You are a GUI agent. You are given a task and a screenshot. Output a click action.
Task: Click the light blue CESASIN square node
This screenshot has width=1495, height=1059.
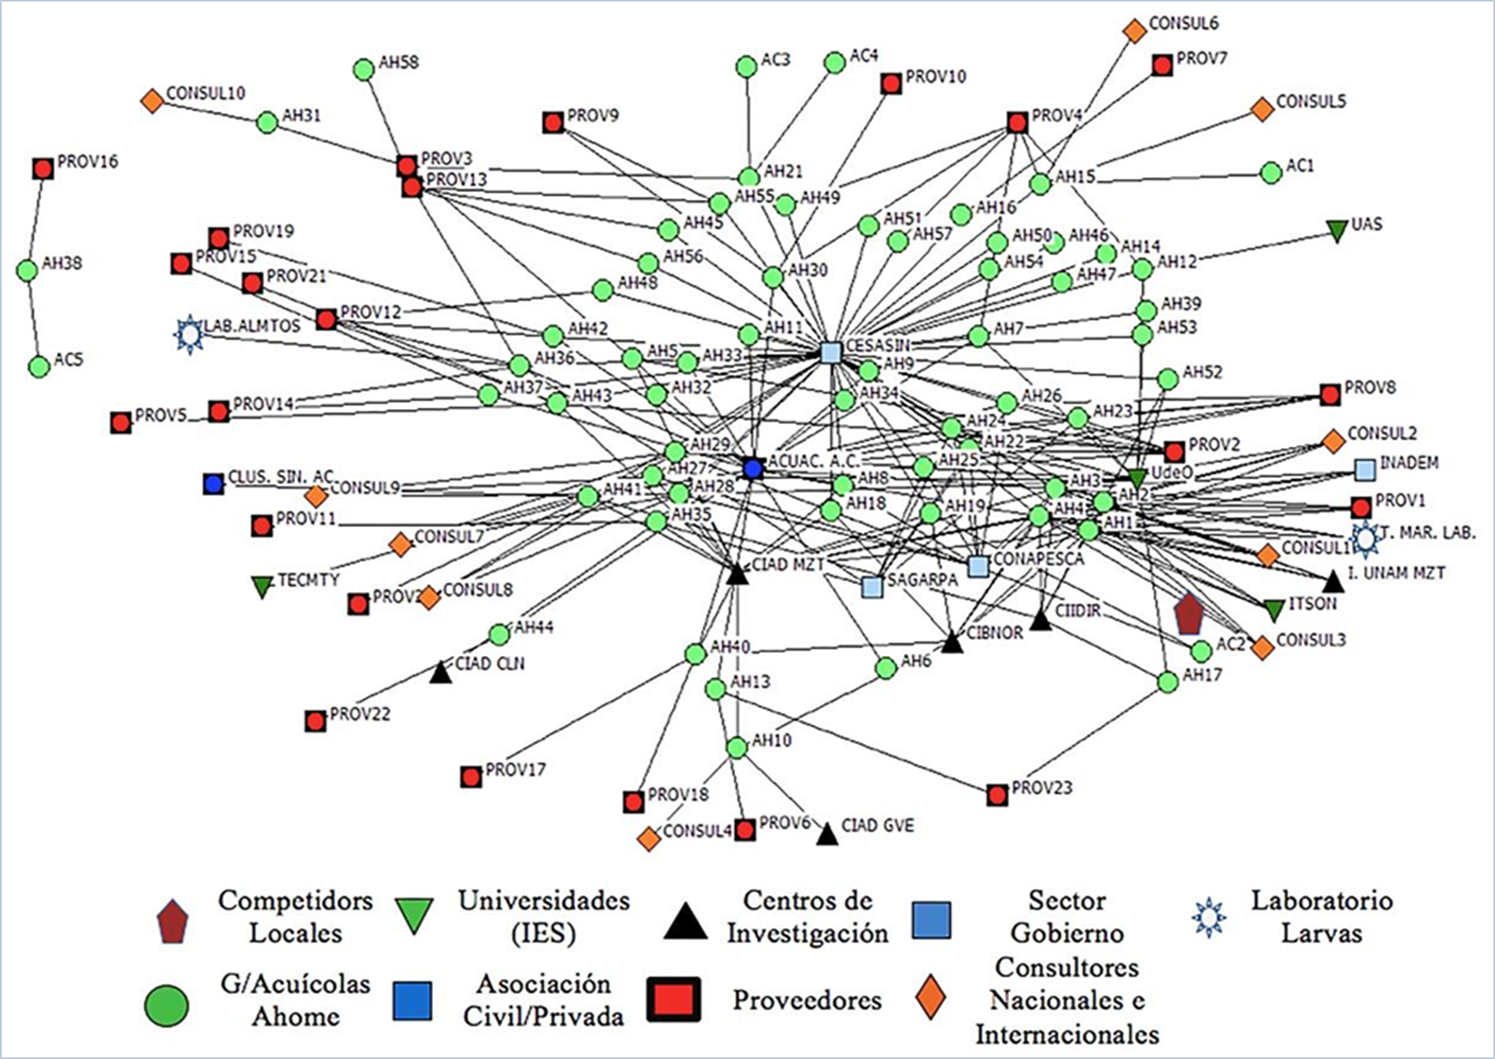point(831,352)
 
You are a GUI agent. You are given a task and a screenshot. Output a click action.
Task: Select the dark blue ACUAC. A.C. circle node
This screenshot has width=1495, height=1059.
point(752,469)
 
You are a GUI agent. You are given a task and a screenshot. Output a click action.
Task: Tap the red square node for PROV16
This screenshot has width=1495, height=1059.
point(43,168)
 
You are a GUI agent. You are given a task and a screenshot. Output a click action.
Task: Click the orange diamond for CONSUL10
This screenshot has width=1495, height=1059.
point(152,101)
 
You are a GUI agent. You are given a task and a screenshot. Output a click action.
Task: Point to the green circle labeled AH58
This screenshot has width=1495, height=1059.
point(364,69)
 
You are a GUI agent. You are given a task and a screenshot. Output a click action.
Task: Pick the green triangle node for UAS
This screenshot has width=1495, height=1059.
point(1337,231)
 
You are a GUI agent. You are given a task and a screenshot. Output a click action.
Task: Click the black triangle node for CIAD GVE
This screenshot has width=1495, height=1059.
point(826,834)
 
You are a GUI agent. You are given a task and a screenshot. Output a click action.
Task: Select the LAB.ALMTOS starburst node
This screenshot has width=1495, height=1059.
point(189,334)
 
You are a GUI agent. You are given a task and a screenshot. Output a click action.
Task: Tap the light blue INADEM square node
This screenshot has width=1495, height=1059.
point(1365,469)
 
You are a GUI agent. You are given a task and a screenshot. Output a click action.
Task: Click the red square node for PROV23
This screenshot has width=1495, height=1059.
point(996,795)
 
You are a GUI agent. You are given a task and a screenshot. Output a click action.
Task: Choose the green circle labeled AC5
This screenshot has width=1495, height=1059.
point(38,366)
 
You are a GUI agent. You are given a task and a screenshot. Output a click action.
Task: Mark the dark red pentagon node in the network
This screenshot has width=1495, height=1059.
point(1188,614)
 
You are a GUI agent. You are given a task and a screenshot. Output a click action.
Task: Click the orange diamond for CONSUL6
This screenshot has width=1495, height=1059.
point(1135,32)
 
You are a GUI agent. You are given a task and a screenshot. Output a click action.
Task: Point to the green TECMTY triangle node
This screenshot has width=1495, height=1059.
point(262,586)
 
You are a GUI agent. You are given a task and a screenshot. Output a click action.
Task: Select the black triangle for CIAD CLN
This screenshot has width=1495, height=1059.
point(440,673)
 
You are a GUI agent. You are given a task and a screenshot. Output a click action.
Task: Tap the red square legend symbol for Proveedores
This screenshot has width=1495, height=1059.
point(674,999)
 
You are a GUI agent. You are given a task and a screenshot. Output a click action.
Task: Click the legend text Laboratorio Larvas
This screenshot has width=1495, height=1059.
point(1321,916)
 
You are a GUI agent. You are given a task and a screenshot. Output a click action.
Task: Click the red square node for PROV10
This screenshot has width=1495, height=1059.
point(891,84)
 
